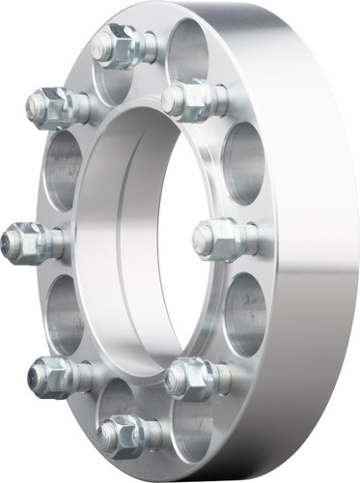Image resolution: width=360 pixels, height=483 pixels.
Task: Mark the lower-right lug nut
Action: pyautogui.click(x=190, y=378)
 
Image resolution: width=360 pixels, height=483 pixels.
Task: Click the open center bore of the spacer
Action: pyautogui.click(x=135, y=241)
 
